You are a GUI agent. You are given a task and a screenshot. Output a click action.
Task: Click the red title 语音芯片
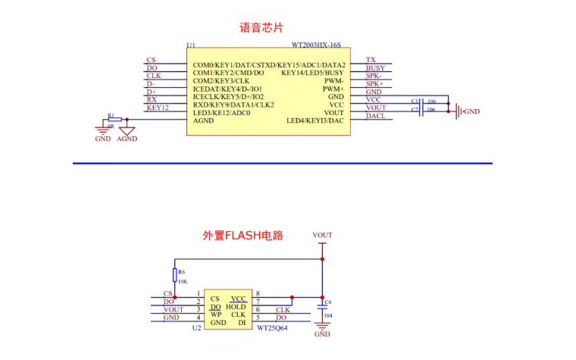(x=261, y=28)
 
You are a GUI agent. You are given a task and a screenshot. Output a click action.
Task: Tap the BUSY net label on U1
(x=375, y=68)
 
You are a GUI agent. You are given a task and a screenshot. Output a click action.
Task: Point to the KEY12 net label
(x=157, y=108)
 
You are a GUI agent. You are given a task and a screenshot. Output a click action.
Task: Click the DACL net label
(x=375, y=116)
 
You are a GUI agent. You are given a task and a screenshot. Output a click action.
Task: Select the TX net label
(x=371, y=60)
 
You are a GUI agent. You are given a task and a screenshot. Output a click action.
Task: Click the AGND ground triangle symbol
(x=127, y=130)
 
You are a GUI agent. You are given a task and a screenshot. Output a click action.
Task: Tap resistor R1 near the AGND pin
(x=114, y=120)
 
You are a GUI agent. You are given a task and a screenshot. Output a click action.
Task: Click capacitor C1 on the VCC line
(x=421, y=100)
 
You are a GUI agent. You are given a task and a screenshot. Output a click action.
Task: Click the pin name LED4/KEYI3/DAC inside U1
(x=315, y=121)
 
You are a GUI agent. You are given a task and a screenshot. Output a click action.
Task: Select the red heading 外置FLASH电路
(x=243, y=236)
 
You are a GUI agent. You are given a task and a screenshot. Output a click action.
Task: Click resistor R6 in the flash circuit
(x=175, y=275)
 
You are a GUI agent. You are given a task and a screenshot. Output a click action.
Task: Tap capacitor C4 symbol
(x=322, y=307)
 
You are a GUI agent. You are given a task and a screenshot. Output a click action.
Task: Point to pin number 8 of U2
(x=258, y=293)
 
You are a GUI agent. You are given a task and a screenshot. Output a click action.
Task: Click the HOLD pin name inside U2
(x=236, y=307)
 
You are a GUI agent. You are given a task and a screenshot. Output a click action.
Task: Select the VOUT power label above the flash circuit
(x=322, y=235)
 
